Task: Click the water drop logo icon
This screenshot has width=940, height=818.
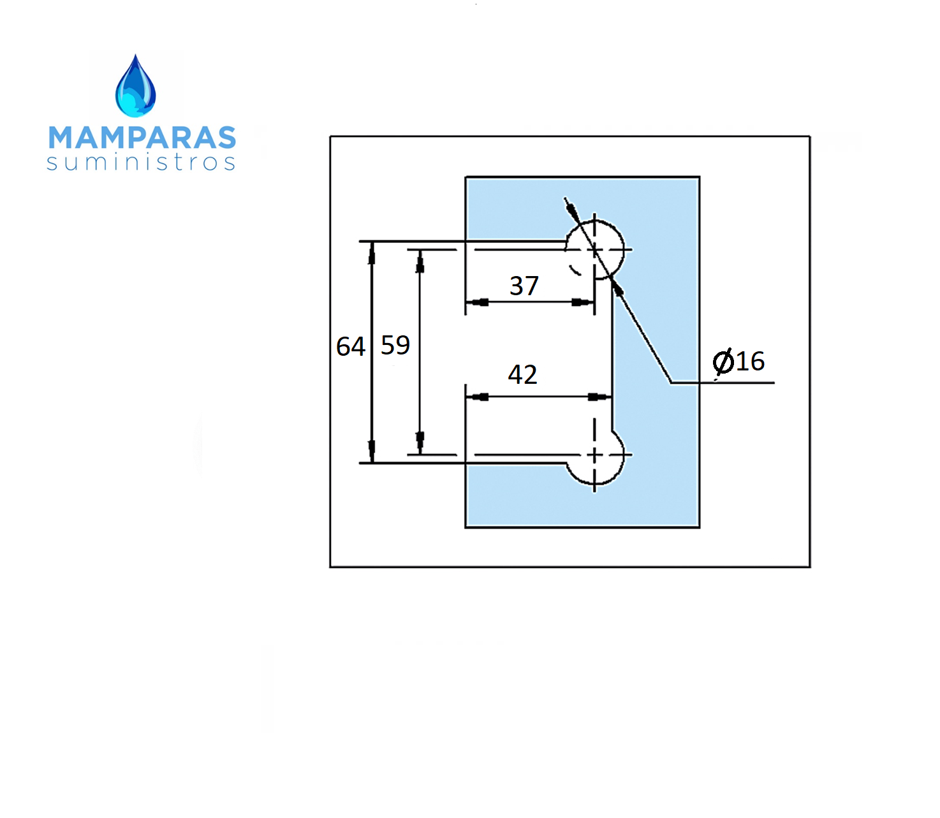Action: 135,86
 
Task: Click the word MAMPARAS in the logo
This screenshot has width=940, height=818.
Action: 142,138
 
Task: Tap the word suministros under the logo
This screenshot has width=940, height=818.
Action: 141,162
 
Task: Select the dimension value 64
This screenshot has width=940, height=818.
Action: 351,346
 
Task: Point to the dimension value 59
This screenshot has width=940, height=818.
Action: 395,345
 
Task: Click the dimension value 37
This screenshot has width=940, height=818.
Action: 524,286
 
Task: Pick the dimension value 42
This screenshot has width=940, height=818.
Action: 522,374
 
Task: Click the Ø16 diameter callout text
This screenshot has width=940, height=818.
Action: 738,361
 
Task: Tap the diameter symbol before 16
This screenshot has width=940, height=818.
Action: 723,362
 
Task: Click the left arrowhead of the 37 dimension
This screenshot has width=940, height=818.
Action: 477,302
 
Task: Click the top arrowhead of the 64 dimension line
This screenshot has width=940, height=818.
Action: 372,253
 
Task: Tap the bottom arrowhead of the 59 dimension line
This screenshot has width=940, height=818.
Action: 420,442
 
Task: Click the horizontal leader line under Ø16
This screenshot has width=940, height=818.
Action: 723,382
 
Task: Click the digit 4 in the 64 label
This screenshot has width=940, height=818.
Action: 358,346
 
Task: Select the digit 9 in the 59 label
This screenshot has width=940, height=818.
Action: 403,345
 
